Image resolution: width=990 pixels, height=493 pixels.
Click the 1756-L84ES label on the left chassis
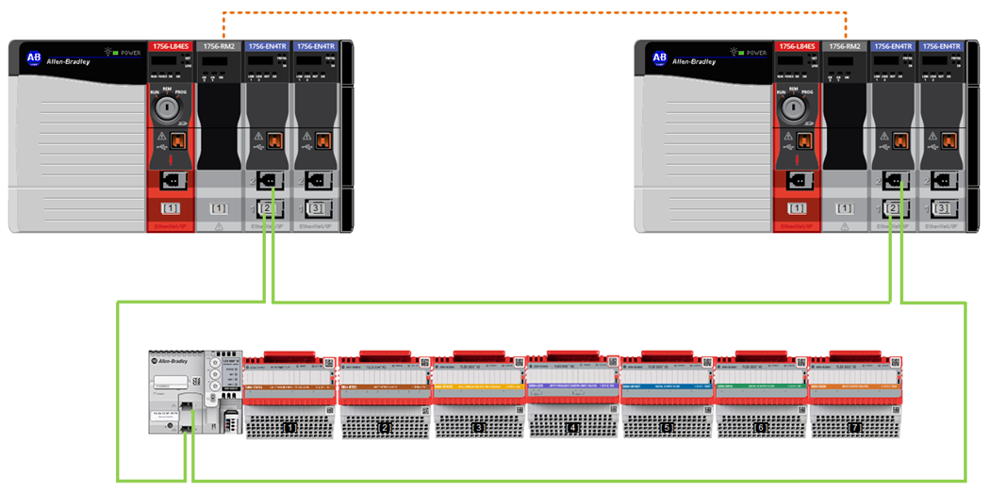tap(170, 45)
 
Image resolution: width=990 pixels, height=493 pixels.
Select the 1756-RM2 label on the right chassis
tap(846, 45)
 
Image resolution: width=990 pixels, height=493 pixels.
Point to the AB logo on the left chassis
tap(34, 58)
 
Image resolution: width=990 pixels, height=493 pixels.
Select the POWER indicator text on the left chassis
tap(127, 53)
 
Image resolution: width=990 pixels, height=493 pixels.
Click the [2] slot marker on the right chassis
tap(896, 207)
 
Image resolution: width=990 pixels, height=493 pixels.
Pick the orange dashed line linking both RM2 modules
tap(533, 12)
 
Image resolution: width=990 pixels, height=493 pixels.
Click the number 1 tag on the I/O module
tap(290, 428)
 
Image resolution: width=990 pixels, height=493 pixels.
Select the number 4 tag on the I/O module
tap(572, 428)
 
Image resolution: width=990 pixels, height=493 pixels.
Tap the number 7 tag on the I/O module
tap(855, 428)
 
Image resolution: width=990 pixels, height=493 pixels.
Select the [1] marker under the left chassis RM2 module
tap(219, 207)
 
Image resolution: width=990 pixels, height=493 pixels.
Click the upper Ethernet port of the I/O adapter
tap(187, 405)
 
